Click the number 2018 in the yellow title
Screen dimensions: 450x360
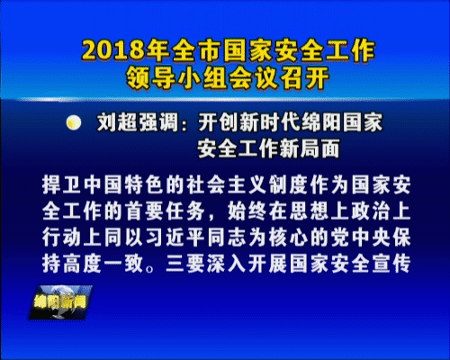click(114, 49)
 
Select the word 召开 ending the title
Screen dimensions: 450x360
click(303, 78)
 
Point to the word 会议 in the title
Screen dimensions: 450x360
click(253, 78)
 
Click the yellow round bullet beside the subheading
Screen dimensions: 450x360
click(74, 122)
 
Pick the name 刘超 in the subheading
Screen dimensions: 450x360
click(117, 122)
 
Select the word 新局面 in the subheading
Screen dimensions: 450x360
click(310, 148)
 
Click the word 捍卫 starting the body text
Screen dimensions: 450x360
click(62, 184)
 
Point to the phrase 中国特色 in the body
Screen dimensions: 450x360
click(123, 184)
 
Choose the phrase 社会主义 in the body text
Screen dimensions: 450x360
click(227, 184)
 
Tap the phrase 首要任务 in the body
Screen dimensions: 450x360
click(165, 211)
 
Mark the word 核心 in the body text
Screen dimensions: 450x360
click(288, 238)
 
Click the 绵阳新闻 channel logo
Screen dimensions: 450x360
click(60, 302)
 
